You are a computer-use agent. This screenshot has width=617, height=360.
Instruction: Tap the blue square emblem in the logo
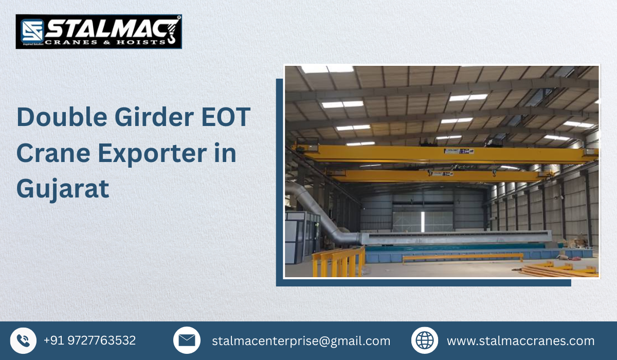[31, 31]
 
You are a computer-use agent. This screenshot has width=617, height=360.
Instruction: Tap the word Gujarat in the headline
[63, 188]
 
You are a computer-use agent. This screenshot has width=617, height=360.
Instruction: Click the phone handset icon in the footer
[23, 340]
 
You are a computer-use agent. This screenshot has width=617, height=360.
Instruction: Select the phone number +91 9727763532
[89, 340]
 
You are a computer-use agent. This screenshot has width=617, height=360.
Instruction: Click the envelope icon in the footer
[187, 340]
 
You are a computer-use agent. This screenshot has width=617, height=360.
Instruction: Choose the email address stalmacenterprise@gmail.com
[301, 341]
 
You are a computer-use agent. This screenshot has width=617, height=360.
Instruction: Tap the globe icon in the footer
[425, 340]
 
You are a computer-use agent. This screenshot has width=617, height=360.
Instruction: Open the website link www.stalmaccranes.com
[520, 341]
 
